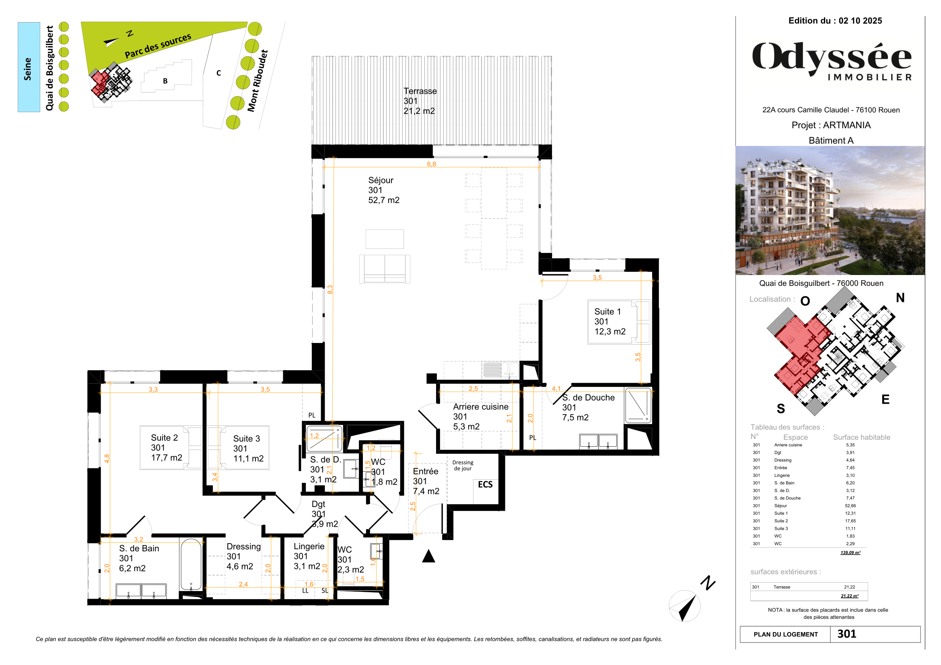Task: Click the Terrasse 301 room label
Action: tap(419, 101)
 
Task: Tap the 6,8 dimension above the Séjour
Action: tap(431, 164)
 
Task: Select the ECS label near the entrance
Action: tap(485, 484)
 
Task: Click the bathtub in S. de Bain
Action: tap(191, 564)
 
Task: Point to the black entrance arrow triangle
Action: tap(428, 556)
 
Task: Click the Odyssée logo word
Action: tap(832, 57)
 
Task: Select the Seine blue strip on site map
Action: tap(29, 67)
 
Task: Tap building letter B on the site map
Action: tap(165, 81)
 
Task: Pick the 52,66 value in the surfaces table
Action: tap(850, 506)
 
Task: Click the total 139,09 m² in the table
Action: tap(850, 553)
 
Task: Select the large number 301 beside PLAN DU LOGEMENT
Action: tap(847, 634)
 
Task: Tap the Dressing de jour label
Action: tap(463, 465)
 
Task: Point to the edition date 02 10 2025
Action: tap(860, 21)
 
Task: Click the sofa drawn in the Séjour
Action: tap(385, 268)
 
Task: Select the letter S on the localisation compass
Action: tap(781, 408)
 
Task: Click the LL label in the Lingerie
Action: tap(305, 591)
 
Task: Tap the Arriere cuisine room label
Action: tap(480, 417)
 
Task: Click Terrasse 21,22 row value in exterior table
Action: tap(849, 587)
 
